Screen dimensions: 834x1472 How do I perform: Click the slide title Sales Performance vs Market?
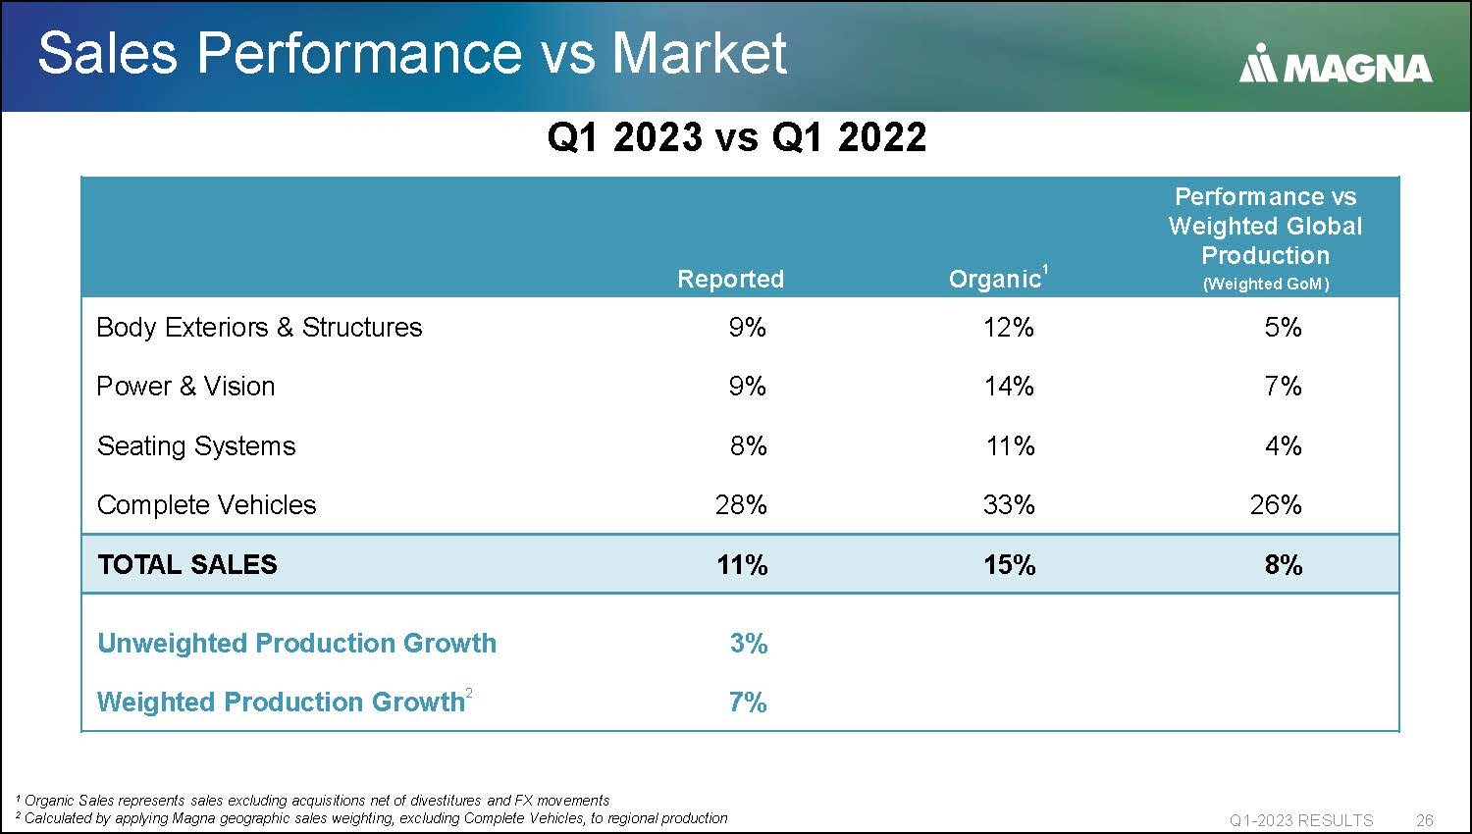412,53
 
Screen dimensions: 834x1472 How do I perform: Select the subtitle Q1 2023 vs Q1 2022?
736,137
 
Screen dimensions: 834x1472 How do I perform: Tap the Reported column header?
730,279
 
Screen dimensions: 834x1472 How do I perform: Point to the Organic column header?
995,279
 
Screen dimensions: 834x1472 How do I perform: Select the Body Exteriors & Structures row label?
259,328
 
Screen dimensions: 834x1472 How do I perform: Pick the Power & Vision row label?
185,387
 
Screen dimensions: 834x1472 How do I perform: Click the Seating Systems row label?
196,446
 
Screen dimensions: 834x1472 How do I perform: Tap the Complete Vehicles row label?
206,505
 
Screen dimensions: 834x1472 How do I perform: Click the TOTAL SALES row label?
187,565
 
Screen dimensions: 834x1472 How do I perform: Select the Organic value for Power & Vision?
1009,387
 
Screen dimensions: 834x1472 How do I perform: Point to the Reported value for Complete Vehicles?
741,505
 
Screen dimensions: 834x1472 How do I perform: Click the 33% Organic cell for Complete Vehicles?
1009,505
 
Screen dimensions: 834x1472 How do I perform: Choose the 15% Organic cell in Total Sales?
1009,565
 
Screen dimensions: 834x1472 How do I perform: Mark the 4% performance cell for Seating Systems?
1283,446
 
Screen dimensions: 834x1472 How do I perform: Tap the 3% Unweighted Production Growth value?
748,644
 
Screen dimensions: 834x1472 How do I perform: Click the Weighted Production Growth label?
281,703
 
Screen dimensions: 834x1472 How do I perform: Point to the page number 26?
1424,820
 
